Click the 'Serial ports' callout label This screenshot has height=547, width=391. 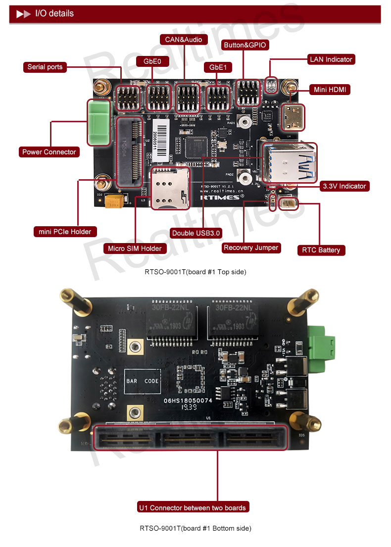(45, 67)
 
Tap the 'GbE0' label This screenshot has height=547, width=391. (152, 61)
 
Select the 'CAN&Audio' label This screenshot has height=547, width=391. (184, 39)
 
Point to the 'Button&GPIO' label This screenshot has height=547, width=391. (245, 45)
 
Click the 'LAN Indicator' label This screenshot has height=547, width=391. (331, 59)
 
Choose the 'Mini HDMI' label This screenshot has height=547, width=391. (330, 90)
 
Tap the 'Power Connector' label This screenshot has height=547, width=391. (49, 152)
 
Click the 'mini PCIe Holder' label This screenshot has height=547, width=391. (65, 231)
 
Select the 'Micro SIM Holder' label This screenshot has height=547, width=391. (135, 249)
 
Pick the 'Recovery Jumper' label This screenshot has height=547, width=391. (251, 248)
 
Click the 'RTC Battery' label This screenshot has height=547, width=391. (321, 250)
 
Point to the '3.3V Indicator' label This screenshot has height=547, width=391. (344, 186)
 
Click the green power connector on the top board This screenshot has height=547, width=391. (98, 122)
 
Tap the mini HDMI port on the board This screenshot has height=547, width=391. (292, 117)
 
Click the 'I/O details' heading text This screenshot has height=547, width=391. (54, 13)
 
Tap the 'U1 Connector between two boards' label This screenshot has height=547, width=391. (193, 507)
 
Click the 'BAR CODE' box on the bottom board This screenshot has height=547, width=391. (142, 382)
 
